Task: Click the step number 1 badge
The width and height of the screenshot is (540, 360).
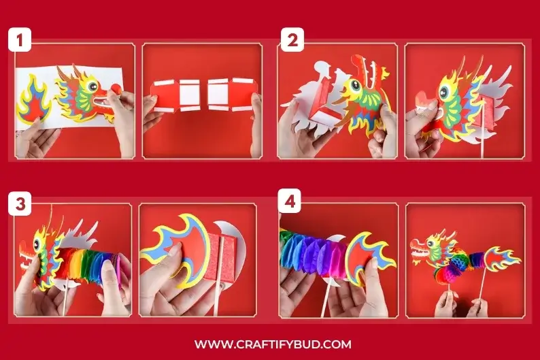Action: [x=20, y=41]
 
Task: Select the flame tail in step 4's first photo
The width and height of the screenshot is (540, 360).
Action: [x=372, y=259]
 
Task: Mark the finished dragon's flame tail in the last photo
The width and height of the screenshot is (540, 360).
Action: [x=501, y=259]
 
